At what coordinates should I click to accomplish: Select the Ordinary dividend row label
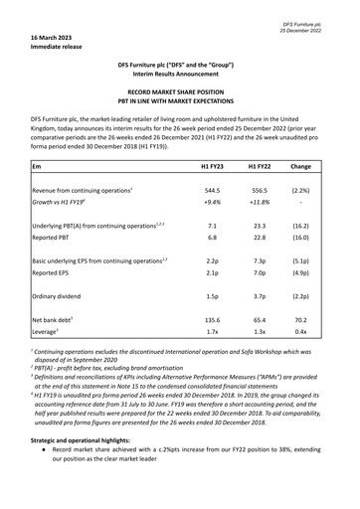pos(62,295)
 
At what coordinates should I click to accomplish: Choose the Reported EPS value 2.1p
pos(212,270)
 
